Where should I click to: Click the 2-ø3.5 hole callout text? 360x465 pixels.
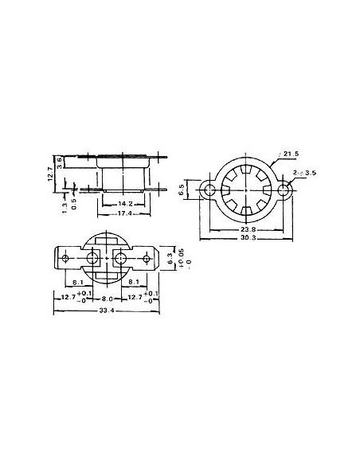click(x=307, y=171)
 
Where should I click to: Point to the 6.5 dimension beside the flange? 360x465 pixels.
click(x=182, y=191)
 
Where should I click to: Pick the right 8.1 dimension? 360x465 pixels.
click(x=134, y=281)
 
